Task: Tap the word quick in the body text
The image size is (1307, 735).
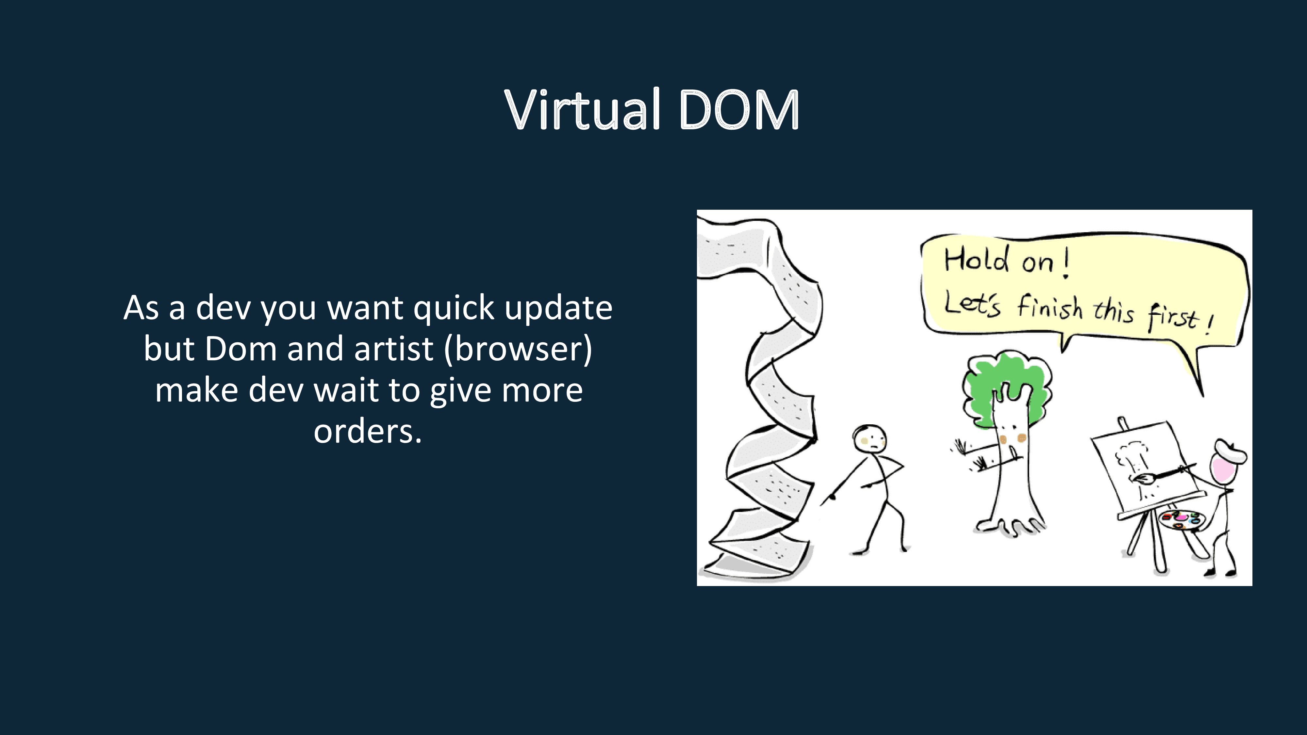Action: pyautogui.click(x=454, y=308)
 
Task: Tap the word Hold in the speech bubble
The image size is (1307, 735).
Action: pyautogui.click(x=976, y=260)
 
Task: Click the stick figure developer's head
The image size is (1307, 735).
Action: pyautogui.click(x=869, y=439)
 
